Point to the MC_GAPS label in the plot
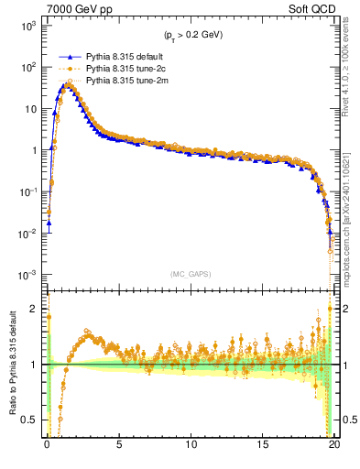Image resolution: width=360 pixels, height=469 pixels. point(190,274)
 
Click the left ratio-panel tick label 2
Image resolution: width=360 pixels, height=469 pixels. point(36,309)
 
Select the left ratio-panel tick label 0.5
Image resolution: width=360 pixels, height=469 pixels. point(32,420)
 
